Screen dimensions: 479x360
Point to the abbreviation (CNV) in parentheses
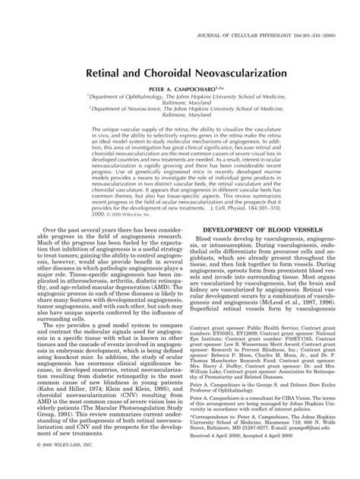tap(104, 413)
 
